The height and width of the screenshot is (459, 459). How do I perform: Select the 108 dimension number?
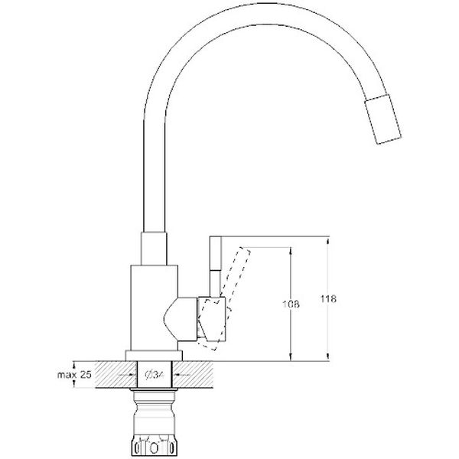[x=291, y=304]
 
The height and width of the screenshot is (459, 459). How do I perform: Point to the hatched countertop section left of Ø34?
[x=103, y=374]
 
